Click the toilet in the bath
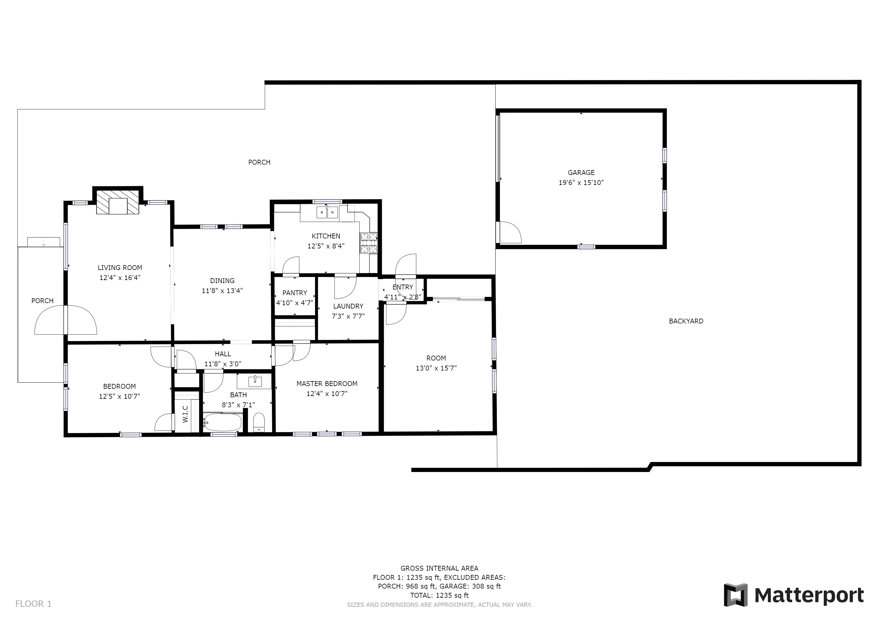259,422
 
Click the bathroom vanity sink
255,381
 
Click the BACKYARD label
686,321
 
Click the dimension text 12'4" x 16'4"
120,278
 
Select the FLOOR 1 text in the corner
33,604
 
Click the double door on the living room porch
66,320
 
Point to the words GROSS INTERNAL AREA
439,568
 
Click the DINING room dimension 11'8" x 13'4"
222,291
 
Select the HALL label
223,354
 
